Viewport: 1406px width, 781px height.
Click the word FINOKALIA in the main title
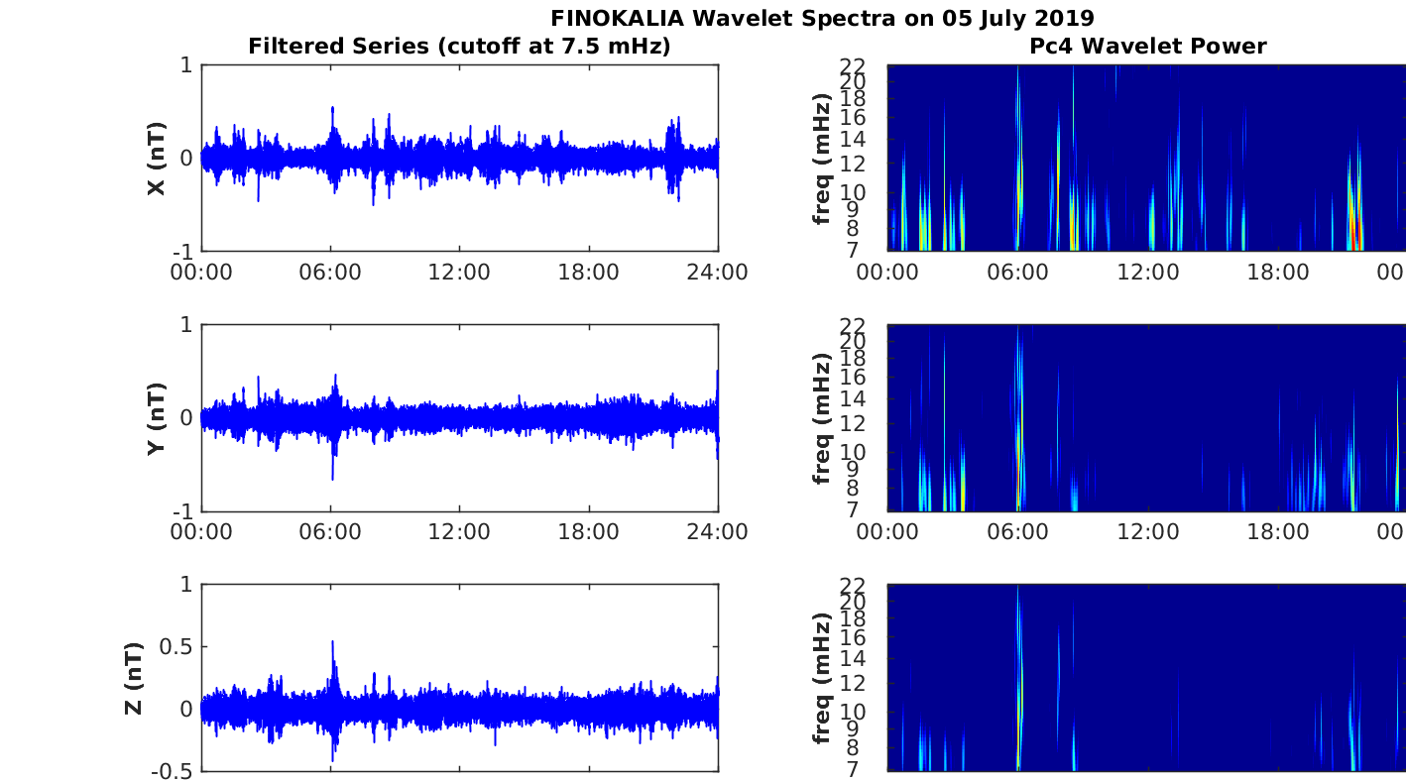(617, 19)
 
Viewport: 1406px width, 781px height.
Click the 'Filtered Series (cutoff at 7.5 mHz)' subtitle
(459, 47)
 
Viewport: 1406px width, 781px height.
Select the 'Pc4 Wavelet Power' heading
(1148, 47)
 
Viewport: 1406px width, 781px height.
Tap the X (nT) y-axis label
(157, 158)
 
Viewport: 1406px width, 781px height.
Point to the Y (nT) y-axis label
(157, 418)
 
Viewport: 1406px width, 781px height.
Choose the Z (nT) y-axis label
(134, 678)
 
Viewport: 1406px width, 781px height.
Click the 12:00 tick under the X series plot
(459, 273)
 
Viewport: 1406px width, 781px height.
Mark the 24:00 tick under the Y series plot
(717, 532)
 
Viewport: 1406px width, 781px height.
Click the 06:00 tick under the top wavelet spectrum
(1017, 273)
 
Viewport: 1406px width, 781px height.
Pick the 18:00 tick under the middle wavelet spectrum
(1278, 532)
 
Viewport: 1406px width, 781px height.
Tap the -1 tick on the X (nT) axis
(183, 252)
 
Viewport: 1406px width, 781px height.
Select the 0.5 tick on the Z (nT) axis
(176, 647)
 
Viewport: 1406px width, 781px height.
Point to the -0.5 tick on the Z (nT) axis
(172, 772)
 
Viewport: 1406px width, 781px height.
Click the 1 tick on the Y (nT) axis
(186, 324)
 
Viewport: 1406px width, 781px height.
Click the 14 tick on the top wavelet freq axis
(853, 139)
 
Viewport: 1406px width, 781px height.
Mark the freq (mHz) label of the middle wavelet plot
(822, 418)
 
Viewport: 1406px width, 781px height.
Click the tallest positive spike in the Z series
(333, 642)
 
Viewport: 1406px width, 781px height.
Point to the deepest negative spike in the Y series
(333, 478)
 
